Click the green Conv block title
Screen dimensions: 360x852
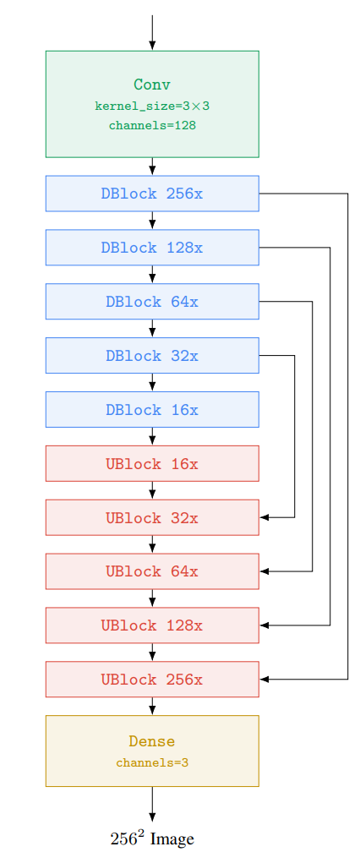point(152,85)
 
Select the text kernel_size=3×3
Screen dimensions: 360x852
point(152,106)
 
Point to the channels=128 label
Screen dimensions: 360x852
point(152,125)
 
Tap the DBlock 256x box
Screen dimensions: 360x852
point(152,194)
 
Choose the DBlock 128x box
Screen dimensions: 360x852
point(152,247)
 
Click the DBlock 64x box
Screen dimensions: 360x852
point(152,301)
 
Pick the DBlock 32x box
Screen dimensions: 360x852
point(152,355)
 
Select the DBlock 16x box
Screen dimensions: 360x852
point(152,409)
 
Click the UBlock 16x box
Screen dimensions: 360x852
point(152,463)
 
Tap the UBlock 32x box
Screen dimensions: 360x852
point(152,517)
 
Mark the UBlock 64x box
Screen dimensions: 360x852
point(152,571)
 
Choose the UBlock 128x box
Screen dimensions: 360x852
point(152,625)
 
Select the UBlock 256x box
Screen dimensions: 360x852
point(152,680)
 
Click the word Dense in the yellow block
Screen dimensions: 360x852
point(152,741)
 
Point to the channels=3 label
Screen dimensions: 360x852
point(152,763)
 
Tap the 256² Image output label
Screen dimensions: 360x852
point(152,839)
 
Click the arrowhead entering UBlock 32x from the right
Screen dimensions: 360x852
point(265,517)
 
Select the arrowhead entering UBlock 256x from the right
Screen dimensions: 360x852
point(265,680)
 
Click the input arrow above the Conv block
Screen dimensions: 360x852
point(152,33)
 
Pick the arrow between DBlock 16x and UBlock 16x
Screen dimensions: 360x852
point(152,436)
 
